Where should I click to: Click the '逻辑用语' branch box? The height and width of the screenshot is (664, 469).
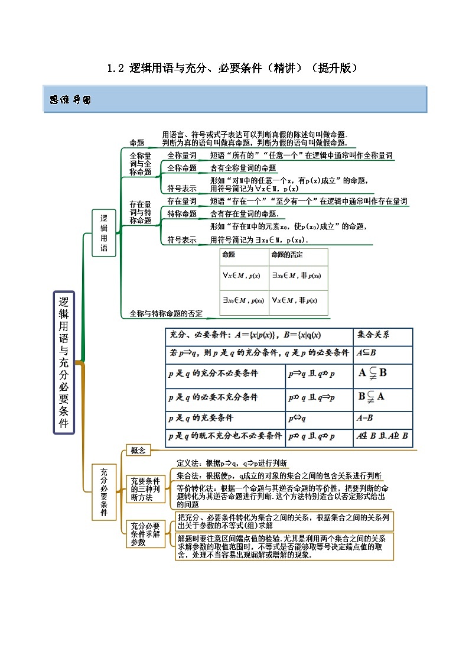point(104,232)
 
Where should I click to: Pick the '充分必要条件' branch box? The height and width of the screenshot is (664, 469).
point(104,493)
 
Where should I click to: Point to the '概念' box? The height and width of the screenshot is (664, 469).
point(138,451)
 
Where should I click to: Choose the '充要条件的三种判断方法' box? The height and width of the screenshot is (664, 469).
point(145,490)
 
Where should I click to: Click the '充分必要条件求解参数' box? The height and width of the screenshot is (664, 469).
point(145,534)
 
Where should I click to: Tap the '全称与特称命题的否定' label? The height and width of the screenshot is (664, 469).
point(165,313)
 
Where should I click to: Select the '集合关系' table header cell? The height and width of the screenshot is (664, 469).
point(374,335)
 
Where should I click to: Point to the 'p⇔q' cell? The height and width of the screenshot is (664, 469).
point(297,417)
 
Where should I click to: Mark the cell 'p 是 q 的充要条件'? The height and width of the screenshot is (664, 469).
point(201,417)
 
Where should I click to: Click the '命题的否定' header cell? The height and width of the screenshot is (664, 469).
point(287,254)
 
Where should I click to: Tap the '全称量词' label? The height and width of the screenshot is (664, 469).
point(182,155)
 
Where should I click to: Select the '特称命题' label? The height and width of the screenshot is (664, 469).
point(182,213)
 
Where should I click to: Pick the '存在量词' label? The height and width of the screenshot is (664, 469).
point(182,202)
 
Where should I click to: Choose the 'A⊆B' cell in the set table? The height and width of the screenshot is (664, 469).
point(367,352)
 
